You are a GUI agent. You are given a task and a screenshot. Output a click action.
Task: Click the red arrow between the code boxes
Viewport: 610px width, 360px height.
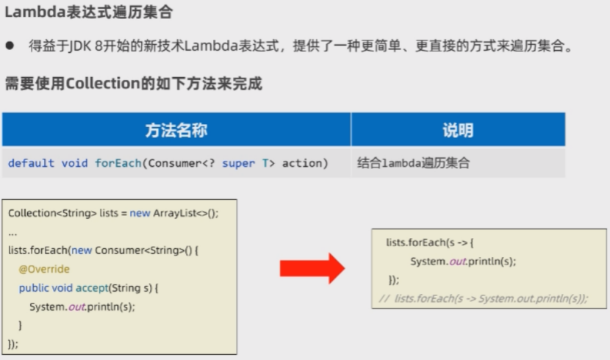312,268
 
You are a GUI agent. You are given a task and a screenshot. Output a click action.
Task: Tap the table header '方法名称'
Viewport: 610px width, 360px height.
176,131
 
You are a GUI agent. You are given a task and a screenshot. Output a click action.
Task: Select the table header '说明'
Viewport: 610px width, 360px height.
458,131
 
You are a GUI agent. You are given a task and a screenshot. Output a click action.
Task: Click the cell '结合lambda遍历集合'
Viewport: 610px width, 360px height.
413,163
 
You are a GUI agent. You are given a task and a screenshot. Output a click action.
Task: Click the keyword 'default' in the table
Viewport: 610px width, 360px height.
31,163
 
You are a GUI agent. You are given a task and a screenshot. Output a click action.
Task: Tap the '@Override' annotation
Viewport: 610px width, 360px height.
44,269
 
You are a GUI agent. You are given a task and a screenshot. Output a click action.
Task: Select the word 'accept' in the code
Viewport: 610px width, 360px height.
90,288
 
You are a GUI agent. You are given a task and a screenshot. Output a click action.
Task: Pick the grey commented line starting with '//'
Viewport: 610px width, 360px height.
483,298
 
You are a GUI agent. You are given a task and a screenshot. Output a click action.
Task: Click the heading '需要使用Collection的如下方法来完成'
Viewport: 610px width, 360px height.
133,83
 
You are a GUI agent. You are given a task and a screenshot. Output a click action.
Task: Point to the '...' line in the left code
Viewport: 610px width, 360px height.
12,231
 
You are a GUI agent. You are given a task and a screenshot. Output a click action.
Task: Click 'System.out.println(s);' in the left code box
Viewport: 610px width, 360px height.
82,306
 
